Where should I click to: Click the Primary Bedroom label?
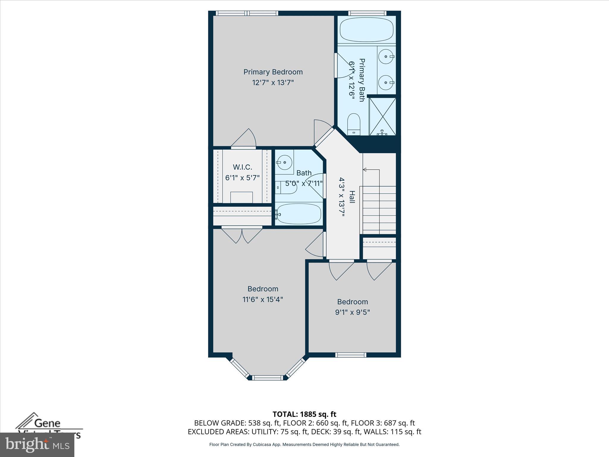(273, 72)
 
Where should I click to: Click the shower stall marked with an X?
(382, 116)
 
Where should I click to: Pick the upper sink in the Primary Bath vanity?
(387, 57)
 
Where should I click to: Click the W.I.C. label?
(242, 167)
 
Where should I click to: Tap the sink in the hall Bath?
(284, 162)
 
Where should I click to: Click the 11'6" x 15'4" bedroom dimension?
(263, 299)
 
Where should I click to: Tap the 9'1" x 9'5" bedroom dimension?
(352, 312)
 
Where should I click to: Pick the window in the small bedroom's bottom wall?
(351, 355)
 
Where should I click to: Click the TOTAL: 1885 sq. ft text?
(304, 414)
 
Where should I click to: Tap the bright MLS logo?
(37, 445)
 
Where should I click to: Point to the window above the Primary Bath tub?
(367, 13)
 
